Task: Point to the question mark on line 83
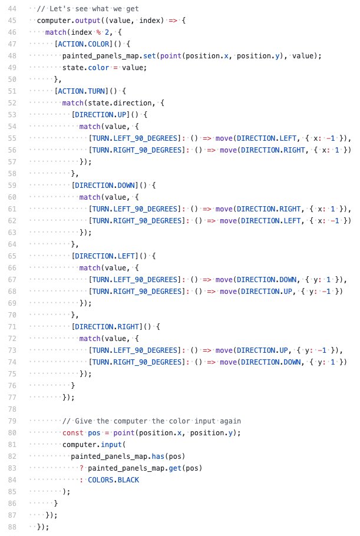click(x=81, y=468)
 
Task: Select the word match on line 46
click(x=55, y=32)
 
